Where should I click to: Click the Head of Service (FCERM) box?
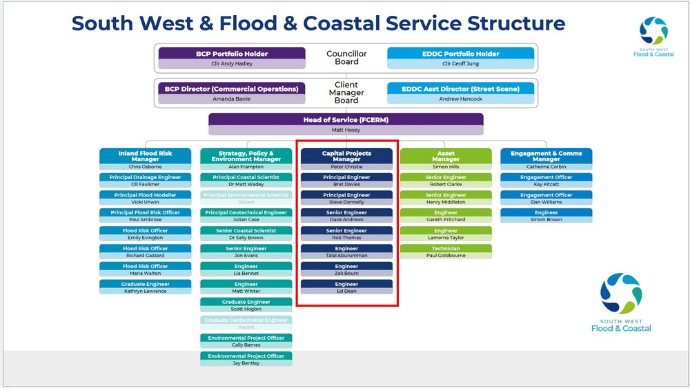[346, 120]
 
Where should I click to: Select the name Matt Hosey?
[346, 130]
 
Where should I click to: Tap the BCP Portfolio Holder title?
[232, 54]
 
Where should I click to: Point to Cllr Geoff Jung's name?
[460, 64]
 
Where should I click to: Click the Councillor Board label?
[346, 58]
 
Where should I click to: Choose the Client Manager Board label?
[346, 92]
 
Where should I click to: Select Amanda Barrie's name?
[232, 99]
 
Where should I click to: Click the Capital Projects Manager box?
[346, 156]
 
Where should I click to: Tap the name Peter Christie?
[346, 167]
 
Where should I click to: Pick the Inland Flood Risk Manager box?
[146, 156]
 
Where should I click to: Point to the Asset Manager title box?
[446, 156]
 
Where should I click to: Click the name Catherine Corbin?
[546, 167]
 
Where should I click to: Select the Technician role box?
[446, 248]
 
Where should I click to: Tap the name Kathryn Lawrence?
[146, 292]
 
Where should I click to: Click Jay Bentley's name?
[246, 363]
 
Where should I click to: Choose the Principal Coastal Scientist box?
[246, 177]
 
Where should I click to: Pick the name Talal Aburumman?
[346, 256]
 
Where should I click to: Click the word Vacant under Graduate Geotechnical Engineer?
[246, 327]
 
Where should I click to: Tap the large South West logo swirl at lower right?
[621, 294]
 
